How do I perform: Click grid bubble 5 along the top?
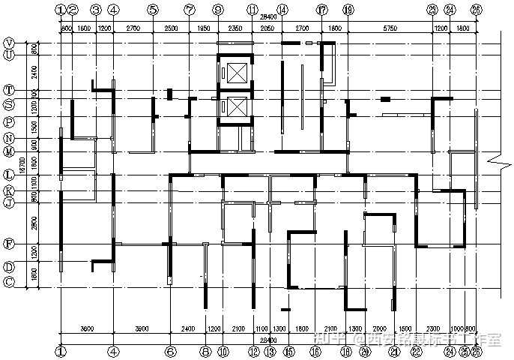(153, 10)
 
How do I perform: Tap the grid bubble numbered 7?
(190, 10)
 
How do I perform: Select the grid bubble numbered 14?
(282, 10)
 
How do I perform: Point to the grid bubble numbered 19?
(348, 10)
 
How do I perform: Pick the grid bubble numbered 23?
(432, 10)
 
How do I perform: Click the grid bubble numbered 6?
(171, 350)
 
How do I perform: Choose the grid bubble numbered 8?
(205, 350)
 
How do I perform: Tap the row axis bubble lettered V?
(9, 43)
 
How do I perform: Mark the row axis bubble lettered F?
(9, 244)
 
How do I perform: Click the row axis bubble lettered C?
(9, 282)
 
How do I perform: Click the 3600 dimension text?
(87, 329)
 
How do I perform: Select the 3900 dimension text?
(142, 329)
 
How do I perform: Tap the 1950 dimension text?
(203, 28)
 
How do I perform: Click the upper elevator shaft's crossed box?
(236, 73)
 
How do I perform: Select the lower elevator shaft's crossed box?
(236, 109)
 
